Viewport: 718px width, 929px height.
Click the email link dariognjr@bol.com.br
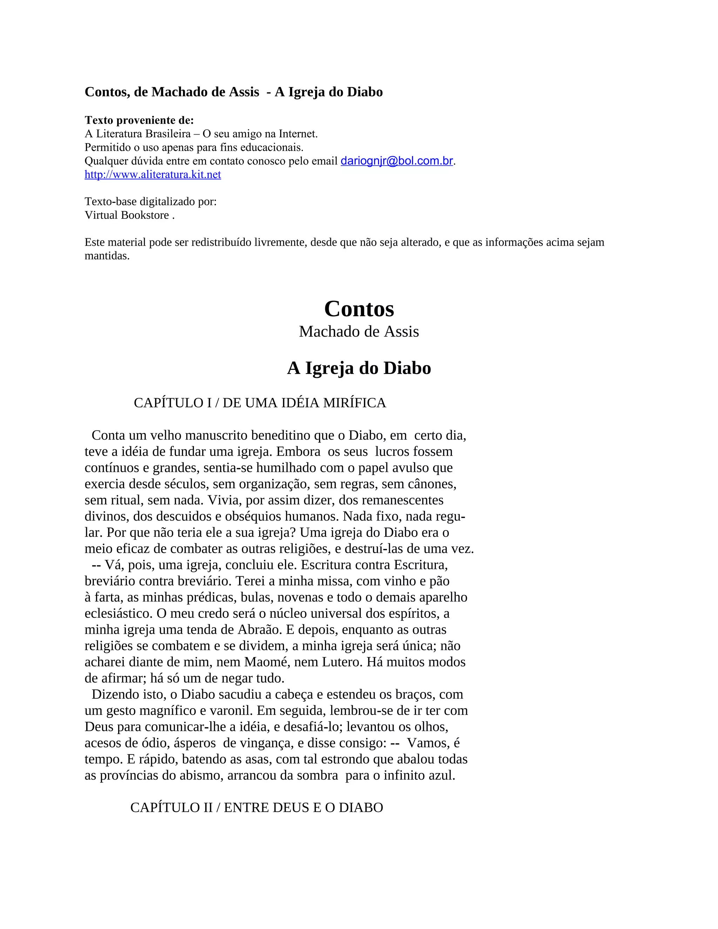click(397, 161)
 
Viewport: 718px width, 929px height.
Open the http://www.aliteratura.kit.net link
click(153, 174)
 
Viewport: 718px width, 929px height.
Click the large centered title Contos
click(359, 308)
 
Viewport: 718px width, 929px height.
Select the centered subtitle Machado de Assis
click(359, 332)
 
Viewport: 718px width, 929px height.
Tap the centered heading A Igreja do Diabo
click(359, 368)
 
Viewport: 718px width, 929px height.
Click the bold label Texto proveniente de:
click(139, 120)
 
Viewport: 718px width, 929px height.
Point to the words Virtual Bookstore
click(127, 215)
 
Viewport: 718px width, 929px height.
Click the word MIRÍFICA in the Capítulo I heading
click(355, 403)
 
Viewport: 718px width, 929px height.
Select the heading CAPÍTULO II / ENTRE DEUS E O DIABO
click(257, 807)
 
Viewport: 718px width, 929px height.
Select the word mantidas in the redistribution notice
click(107, 256)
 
